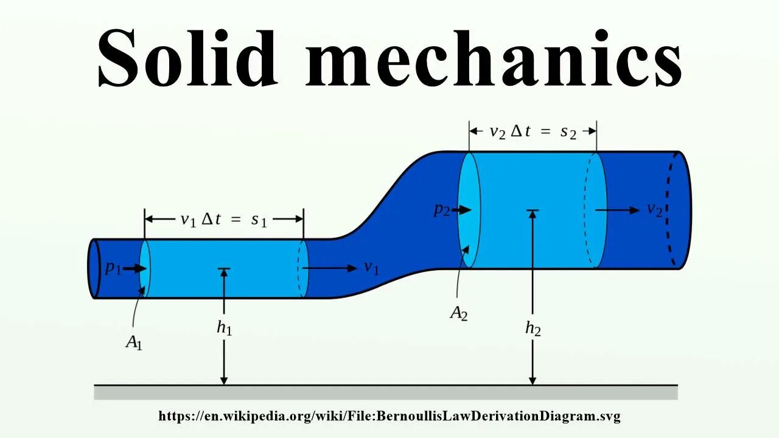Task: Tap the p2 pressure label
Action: pos(442,210)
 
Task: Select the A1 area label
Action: pos(134,342)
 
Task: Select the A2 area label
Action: pos(459,313)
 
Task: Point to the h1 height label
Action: pos(225,328)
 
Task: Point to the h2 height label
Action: pos(533,328)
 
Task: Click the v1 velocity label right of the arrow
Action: pos(371,268)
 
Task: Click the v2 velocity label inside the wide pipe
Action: pos(654,210)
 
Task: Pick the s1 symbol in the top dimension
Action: pos(259,220)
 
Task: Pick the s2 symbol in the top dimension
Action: pos(568,132)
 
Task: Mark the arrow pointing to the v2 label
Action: pos(617,210)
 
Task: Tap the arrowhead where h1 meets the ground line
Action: pos(224,380)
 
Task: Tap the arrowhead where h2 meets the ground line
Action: pos(533,380)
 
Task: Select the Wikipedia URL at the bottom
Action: pos(389,417)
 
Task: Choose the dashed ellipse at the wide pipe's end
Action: pos(674,210)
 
